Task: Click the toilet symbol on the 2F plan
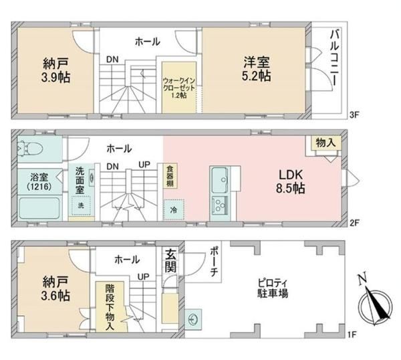click(x=29, y=149)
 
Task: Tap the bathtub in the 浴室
click(x=39, y=208)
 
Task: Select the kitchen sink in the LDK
click(x=220, y=180)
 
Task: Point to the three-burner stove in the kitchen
click(x=220, y=205)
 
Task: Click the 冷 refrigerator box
click(x=174, y=210)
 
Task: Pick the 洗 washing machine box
click(x=81, y=205)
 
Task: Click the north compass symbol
click(x=375, y=303)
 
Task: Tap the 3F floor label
click(x=354, y=115)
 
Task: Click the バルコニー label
click(x=335, y=57)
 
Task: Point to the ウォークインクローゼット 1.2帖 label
click(x=179, y=88)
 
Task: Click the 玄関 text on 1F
click(x=170, y=260)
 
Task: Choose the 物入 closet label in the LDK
click(x=325, y=143)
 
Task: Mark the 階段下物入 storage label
click(x=110, y=307)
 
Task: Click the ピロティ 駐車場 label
click(x=273, y=288)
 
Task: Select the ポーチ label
click(x=214, y=262)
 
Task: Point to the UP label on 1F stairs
click(x=143, y=276)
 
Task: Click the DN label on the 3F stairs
click(x=112, y=60)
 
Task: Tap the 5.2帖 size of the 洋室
click(x=257, y=76)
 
